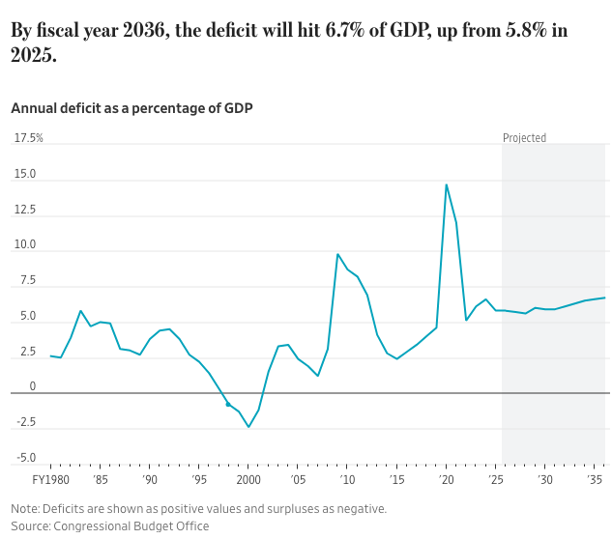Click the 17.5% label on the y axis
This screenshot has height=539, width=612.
click(29, 138)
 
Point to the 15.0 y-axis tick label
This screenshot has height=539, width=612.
click(25, 175)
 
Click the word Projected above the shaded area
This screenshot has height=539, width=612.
click(524, 138)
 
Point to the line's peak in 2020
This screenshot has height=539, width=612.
click(446, 184)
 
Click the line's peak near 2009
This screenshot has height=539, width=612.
click(337, 254)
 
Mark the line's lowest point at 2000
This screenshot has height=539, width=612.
click(248, 427)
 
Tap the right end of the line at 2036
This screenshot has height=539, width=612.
click(604, 298)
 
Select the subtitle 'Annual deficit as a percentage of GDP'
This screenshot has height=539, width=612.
click(131, 108)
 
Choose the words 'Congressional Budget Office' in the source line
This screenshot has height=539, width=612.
click(131, 525)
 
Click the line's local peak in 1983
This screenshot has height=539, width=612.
click(80, 311)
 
